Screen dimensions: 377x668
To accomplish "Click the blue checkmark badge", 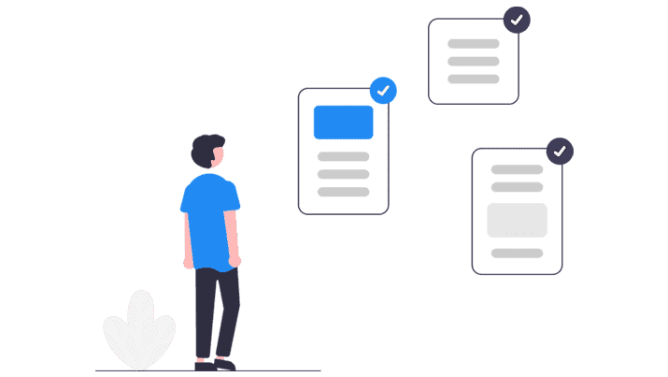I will click(383, 91).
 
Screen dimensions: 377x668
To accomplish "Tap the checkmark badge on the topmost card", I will click(517, 20).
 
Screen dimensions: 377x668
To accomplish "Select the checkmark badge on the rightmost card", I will click(560, 151).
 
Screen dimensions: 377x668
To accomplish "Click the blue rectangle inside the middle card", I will click(343, 122).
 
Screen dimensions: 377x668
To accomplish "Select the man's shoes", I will click(215, 363).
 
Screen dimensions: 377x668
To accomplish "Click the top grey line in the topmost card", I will click(474, 43).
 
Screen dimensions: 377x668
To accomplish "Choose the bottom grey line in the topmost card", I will click(474, 79).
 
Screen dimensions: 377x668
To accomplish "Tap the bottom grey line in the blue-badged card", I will click(344, 192).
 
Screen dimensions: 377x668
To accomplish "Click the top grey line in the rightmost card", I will click(517, 169).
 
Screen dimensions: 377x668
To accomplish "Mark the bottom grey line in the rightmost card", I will click(517, 253).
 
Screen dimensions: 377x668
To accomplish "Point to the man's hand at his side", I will click(235, 260).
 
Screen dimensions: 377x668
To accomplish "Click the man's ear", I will click(213, 154).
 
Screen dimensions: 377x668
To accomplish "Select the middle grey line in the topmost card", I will click(474, 61).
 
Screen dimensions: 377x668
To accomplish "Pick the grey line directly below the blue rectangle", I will click(344, 156).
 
